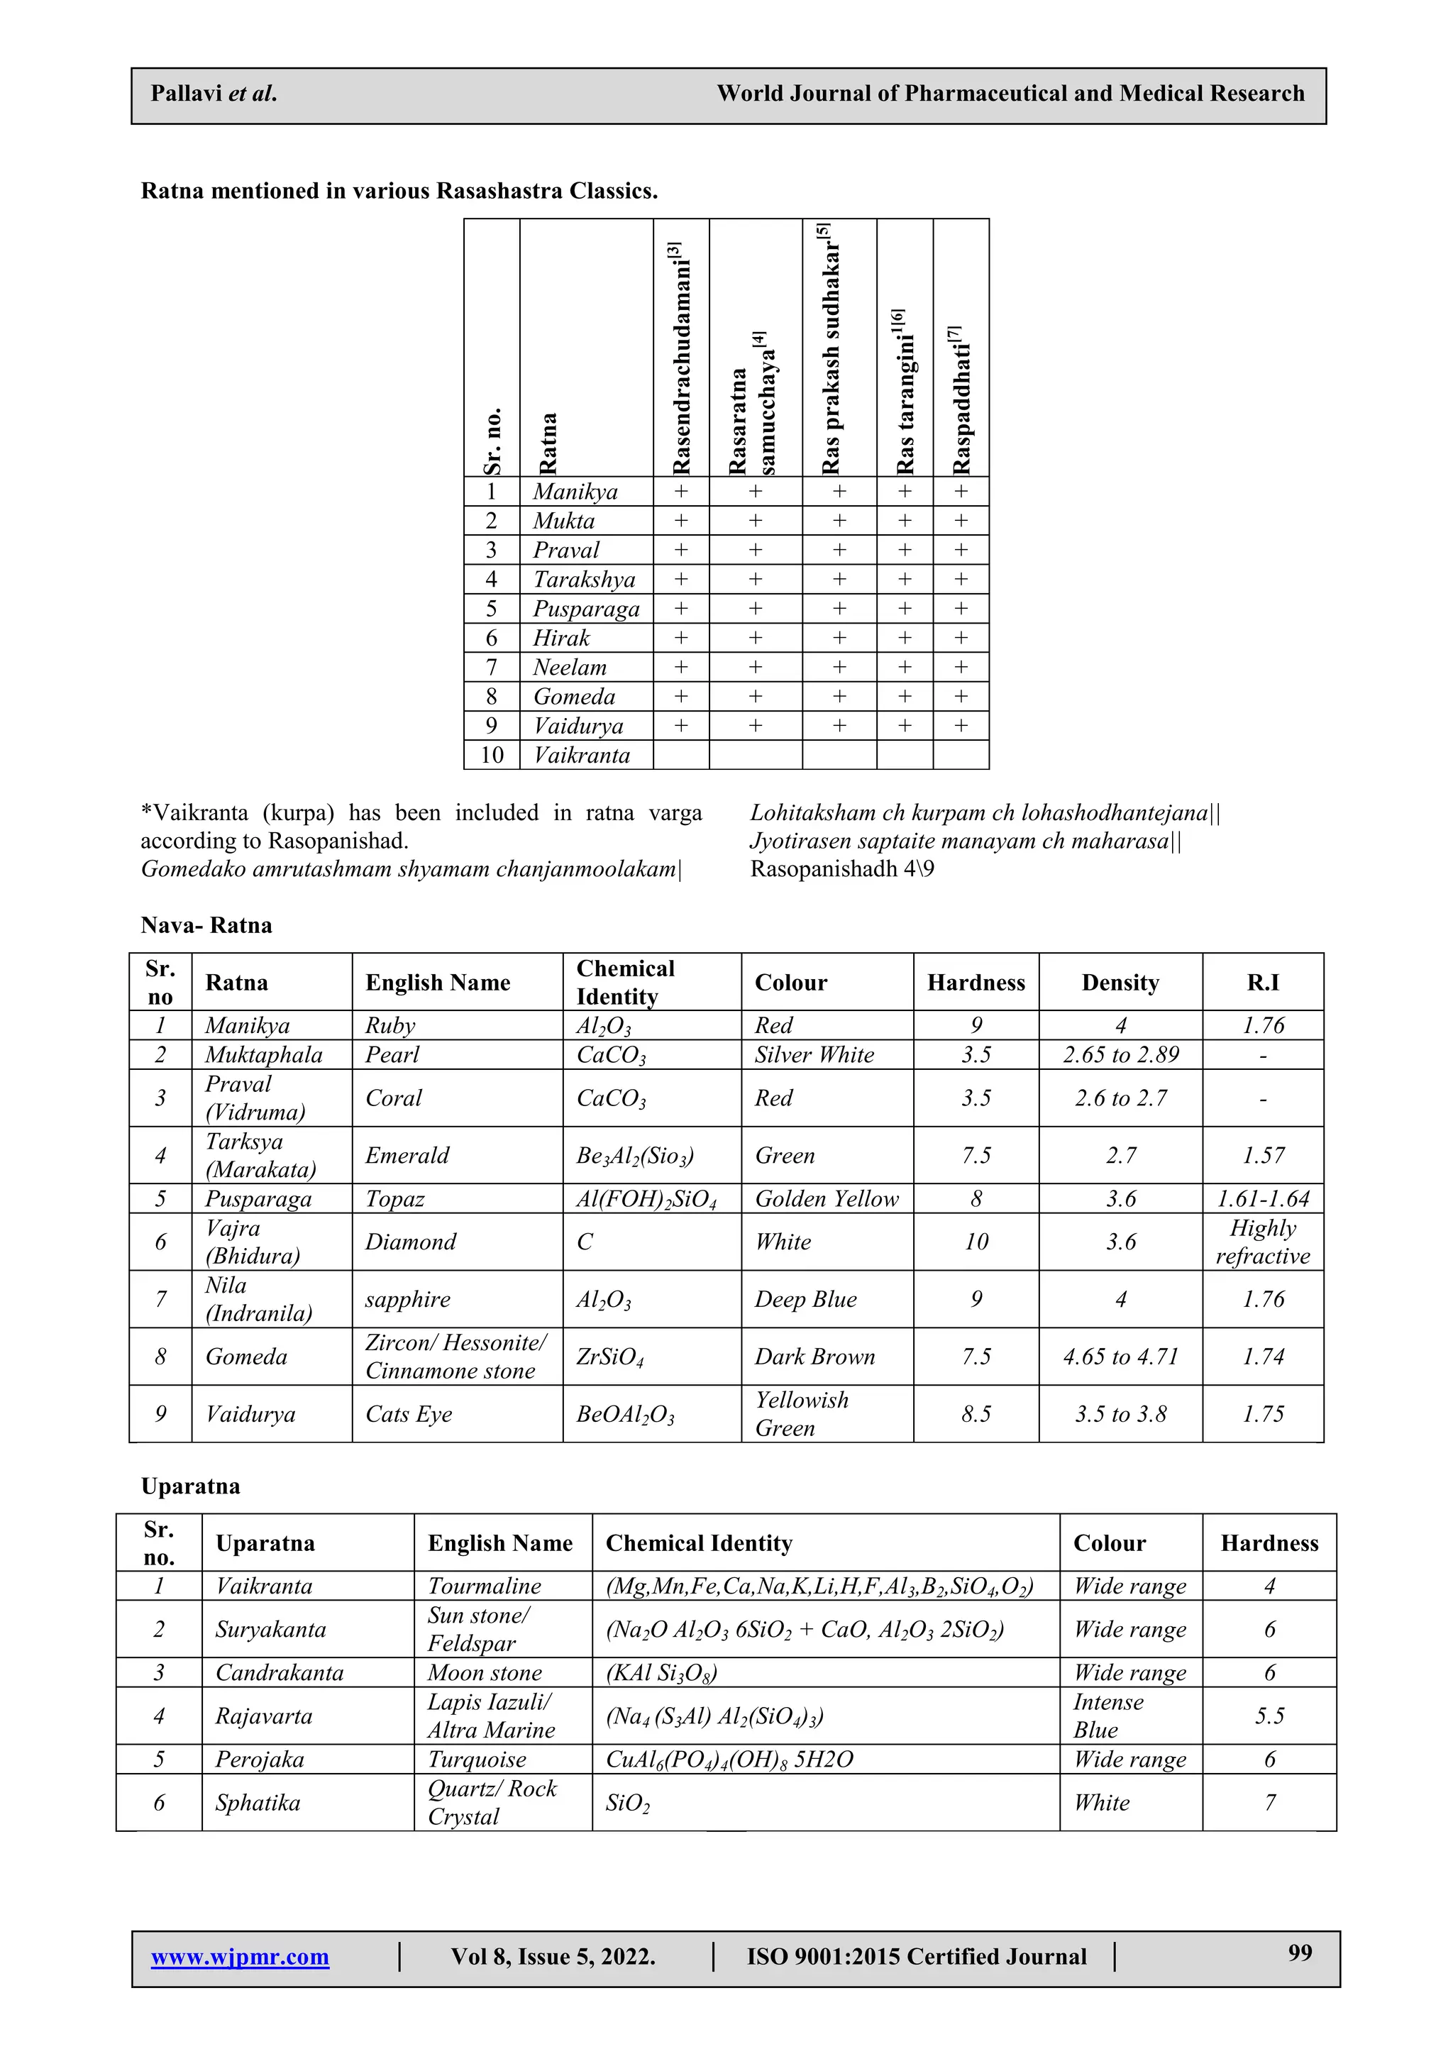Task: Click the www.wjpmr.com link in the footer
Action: click(240, 1957)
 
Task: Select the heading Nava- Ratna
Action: click(206, 925)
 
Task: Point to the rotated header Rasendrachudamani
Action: click(682, 358)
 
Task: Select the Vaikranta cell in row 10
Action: click(582, 755)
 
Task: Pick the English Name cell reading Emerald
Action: click(407, 1155)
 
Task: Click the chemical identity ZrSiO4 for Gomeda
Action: click(610, 1357)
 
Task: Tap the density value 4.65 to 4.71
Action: click(1120, 1357)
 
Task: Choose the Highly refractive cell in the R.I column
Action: click(1262, 1242)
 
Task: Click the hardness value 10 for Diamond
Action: click(976, 1242)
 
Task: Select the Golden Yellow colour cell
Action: click(827, 1199)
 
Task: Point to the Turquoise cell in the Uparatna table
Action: click(477, 1760)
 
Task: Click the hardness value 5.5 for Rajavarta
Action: click(1269, 1716)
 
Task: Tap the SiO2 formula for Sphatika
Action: click(628, 1803)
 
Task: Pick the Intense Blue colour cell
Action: click(1107, 1716)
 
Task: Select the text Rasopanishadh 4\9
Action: click(842, 868)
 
